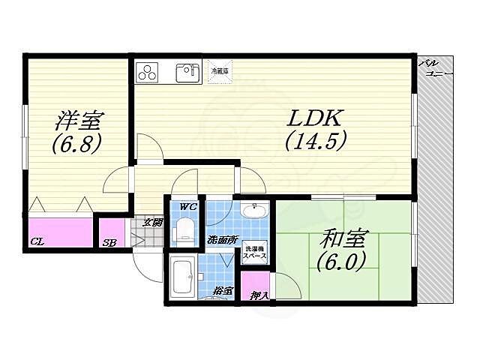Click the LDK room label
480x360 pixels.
(313, 118)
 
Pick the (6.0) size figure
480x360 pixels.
(341, 262)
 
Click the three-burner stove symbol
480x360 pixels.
(148, 73)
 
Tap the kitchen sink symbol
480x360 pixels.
(187, 73)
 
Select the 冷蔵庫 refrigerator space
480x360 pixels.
(220, 73)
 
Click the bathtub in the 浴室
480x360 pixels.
(182, 277)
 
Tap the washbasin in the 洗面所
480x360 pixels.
(254, 213)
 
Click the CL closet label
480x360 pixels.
(36, 241)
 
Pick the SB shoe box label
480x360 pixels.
(109, 242)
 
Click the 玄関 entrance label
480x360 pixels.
(152, 222)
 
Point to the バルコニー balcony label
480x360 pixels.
(434, 70)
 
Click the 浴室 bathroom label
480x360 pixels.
(223, 289)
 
